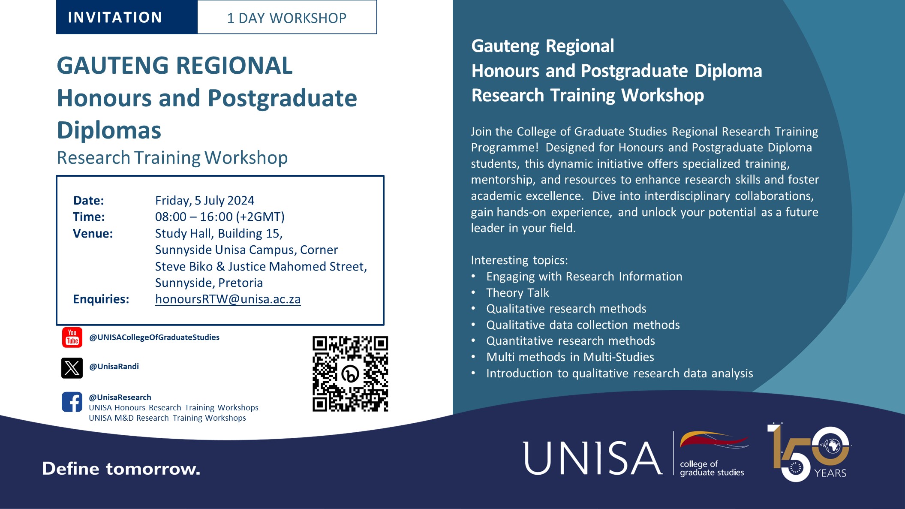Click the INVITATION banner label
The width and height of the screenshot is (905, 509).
115,18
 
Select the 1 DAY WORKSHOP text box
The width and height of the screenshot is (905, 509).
287,18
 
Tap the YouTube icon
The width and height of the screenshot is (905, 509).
72,337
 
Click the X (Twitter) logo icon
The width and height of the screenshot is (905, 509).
72,368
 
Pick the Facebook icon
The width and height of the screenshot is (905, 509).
72,402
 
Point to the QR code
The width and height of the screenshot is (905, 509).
350,374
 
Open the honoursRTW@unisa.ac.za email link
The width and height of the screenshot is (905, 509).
228,299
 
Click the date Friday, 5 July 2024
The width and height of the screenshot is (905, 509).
204,200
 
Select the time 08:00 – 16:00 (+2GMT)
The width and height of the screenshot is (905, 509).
219,217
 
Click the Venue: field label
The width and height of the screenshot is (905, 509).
93,234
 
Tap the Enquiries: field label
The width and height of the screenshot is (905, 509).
101,299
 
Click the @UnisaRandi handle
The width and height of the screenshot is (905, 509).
114,367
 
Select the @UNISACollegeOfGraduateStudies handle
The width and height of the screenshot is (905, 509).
154,337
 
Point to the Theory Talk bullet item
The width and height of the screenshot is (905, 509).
517,293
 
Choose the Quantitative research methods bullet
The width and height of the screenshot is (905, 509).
570,341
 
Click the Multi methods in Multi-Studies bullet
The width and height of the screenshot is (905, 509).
570,357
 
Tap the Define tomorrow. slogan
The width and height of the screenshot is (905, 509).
121,469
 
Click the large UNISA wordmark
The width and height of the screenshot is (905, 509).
592,458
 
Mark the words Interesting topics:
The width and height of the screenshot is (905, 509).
519,260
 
